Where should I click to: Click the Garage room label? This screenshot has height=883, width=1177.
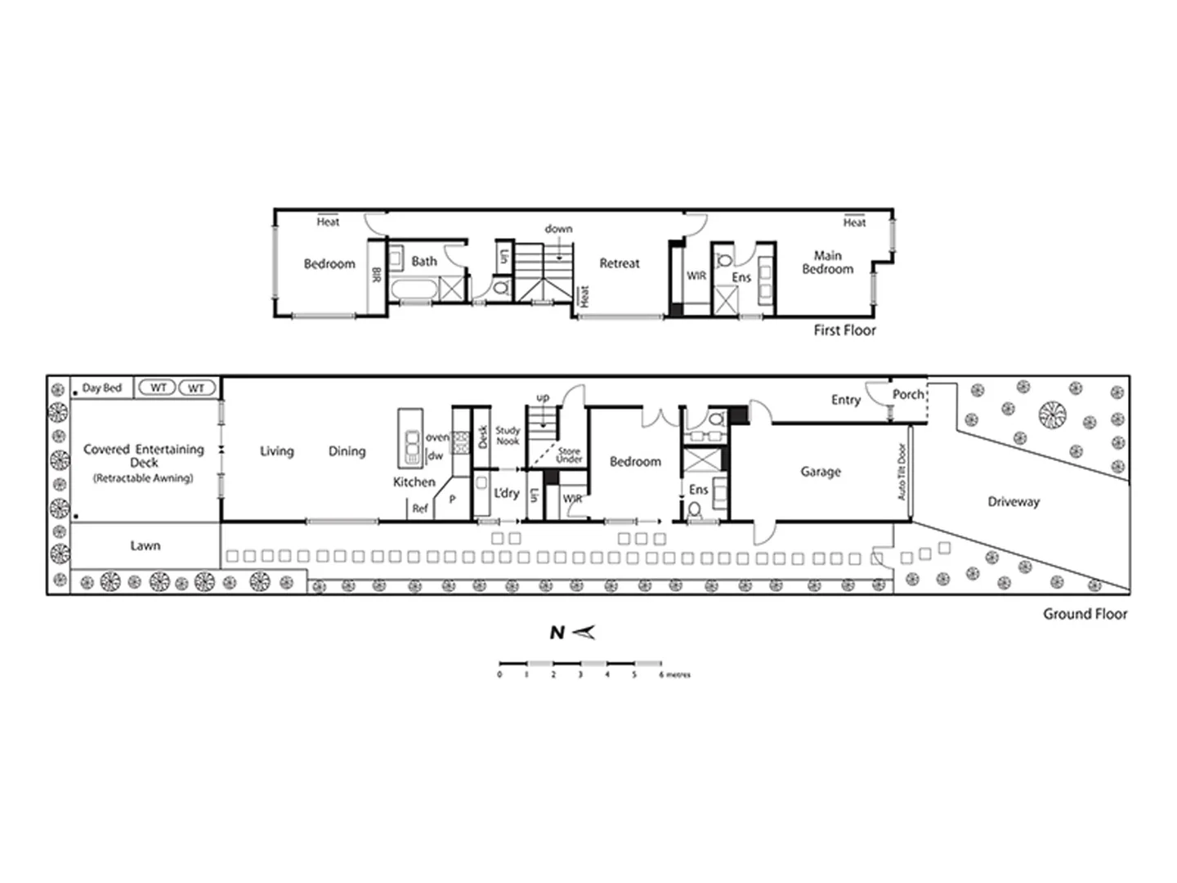click(x=821, y=472)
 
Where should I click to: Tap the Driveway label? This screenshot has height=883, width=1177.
click(x=1014, y=502)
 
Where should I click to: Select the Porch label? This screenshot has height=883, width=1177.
click(x=907, y=394)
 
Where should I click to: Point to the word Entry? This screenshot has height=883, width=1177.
click(x=846, y=400)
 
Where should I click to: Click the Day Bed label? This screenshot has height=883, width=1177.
click(x=102, y=388)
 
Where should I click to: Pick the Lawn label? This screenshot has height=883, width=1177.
click(x=145, y=545)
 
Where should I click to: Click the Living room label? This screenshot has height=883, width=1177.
click(x=276, y=451)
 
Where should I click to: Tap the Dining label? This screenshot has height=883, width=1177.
click(x=347, y=451)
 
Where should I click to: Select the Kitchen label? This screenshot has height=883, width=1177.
click(x=414, y=482)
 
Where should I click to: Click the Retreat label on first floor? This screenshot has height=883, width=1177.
click(x=620, y=263)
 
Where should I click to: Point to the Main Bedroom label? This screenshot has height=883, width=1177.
click(x=827, y=262)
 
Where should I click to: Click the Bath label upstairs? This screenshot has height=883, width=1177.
click(x=424, y=262)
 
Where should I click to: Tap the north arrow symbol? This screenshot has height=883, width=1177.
click(x=584, y=632)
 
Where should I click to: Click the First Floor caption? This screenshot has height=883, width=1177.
click(x=844, y=330)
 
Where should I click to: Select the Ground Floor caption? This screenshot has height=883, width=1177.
click(x=1085, y=614)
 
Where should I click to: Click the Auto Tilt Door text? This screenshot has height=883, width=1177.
click(x=902, y=472)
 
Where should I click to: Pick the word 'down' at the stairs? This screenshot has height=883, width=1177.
click(x=558, y=229)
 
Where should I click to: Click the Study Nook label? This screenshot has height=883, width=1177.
click(x=508, y=436)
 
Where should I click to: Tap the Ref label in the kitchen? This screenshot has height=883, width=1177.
click(x=420, y=509)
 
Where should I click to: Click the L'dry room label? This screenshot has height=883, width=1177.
click(x=507, y=493)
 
